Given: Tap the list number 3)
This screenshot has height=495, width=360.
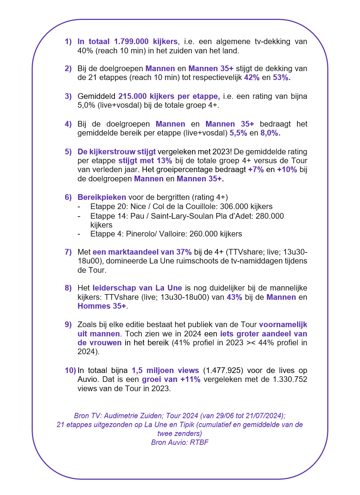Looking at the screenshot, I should pyautogui.click(x=68, y=96).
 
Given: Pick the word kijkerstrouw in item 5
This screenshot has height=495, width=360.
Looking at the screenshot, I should pyautogui.click(x=112, y=152).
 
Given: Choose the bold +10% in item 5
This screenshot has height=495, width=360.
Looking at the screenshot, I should pyautogui.click(x=287, y=170).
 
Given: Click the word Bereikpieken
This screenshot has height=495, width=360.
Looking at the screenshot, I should pyautogui.click(x=102, y=197).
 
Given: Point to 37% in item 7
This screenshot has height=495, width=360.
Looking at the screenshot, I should pyautogui.click(x=184, y=252).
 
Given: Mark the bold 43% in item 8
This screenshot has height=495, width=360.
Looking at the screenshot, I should pyautogui.click(x=234, y=297).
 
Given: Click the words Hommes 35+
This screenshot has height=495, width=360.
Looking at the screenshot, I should pyautogui.click(x=102, y=306).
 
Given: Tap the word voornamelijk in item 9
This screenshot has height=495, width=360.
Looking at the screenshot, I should pyautogui.click(x=283, y=325).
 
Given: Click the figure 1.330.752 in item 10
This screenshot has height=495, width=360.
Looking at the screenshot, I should pyautogui.click(x=290, y=379).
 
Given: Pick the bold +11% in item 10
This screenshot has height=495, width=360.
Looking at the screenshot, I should pyautogui.click(x=190, y=379).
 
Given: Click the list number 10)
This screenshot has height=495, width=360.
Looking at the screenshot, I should pyautogui.click(x=70, y=371).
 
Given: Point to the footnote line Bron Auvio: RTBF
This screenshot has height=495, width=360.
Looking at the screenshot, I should pyautogui.click(x=180, y=442).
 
